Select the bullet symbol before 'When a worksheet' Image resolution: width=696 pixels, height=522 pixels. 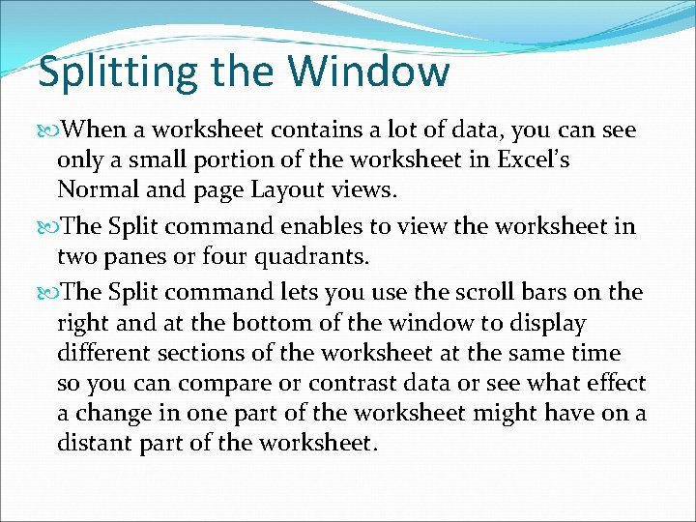coord(49,130)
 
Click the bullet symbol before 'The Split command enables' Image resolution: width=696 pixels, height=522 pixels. coord(49,227)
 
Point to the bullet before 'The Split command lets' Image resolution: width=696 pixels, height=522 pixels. coord(49,293)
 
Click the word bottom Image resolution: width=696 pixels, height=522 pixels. coord(244,323)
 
